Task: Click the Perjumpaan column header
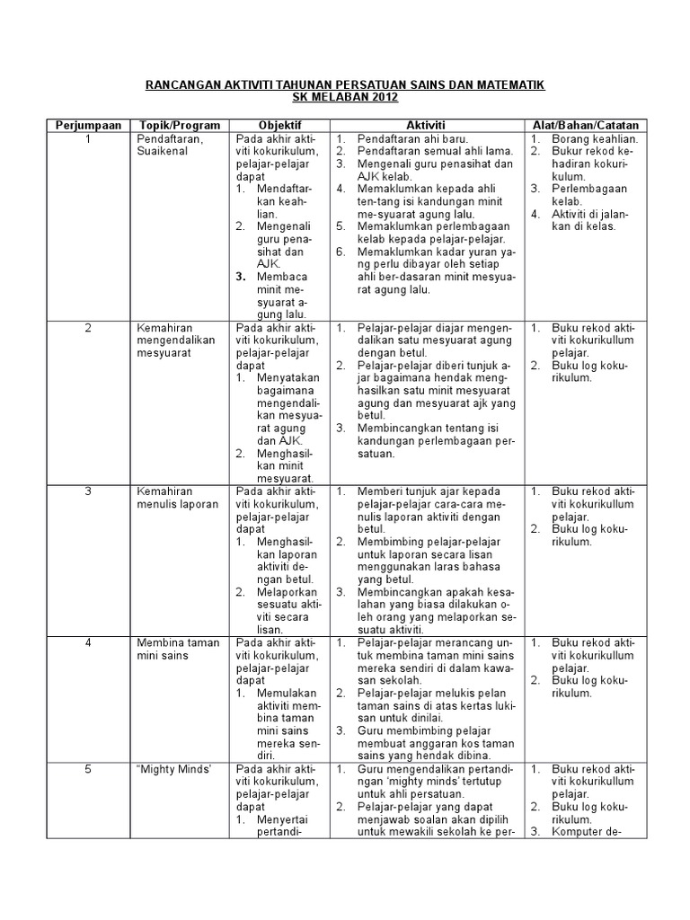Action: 88,125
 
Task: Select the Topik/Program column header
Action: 178,125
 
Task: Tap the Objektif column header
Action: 279,125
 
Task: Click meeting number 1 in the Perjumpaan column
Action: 88,139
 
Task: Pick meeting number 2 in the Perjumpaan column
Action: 88,328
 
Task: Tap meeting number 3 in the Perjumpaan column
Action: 88,491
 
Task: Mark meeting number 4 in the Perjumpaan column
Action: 88,642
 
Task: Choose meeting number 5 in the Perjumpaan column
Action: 88,769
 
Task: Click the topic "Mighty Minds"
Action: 169,769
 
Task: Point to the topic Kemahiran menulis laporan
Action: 177,498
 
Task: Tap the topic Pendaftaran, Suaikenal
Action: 171,146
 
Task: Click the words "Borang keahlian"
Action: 595,139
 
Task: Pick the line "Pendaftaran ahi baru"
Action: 407,139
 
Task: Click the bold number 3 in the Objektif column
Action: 241,277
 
